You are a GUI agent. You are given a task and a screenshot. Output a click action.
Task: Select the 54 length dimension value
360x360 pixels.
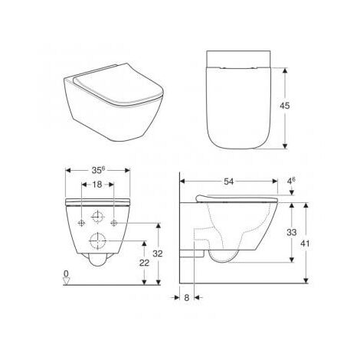(231, 182)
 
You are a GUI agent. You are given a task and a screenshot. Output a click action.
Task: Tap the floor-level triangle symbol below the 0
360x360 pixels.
(67, 281)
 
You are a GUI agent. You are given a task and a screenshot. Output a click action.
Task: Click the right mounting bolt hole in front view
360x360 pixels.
(115, 222)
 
